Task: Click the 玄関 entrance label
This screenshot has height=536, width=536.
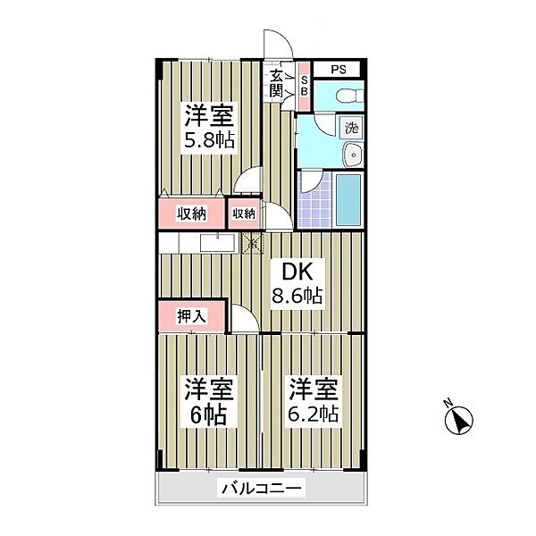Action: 276,81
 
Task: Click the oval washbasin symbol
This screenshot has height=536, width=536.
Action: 354,154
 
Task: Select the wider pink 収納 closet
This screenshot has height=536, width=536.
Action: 191,214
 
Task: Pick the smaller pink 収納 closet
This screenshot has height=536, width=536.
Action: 245,214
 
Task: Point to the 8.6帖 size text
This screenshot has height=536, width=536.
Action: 297,295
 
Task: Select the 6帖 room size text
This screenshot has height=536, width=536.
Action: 209,415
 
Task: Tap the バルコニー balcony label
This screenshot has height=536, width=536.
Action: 262,489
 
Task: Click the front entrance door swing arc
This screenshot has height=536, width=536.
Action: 279,45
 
